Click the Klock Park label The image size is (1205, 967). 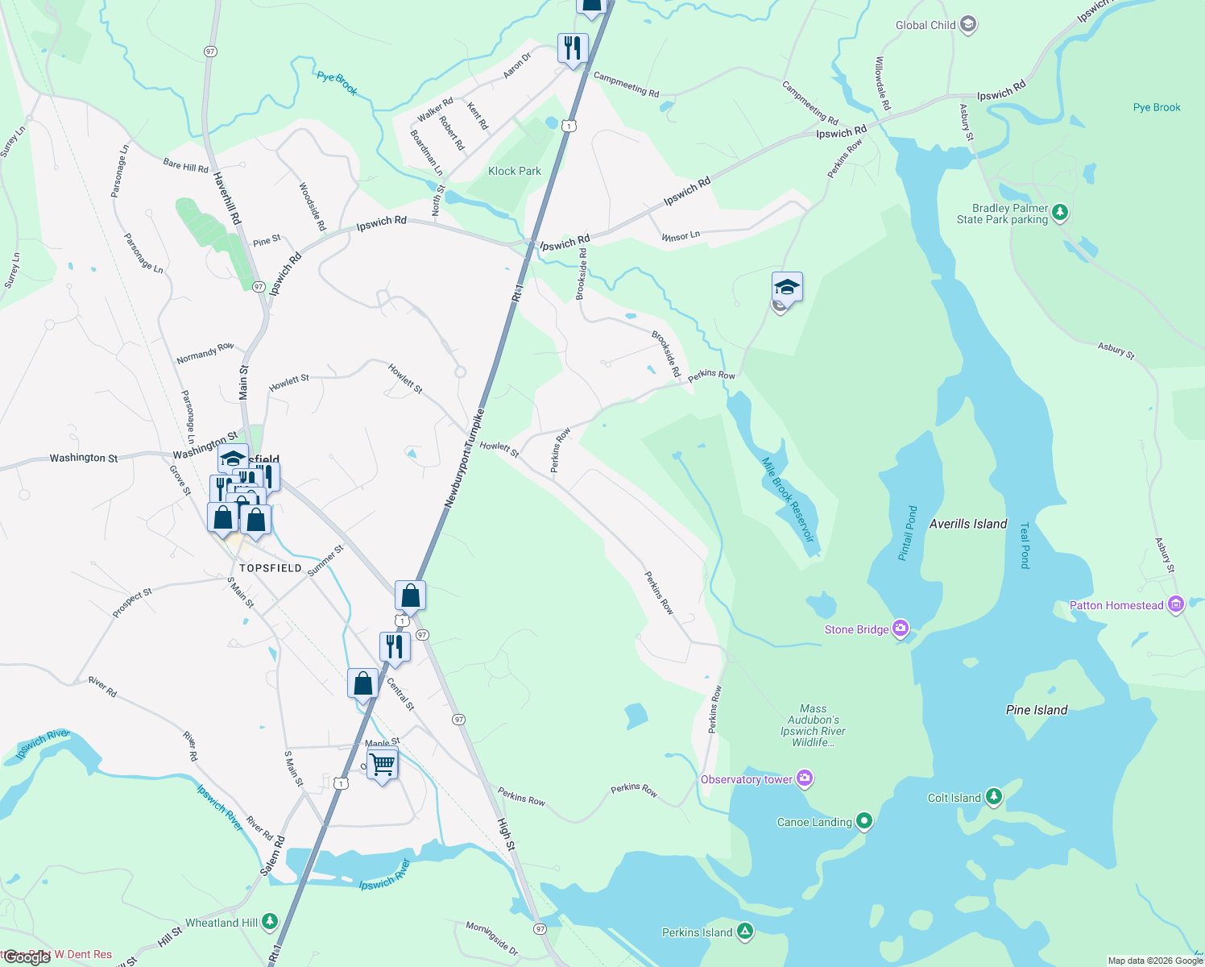(x=515, y=171)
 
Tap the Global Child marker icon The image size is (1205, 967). (x=968, y=25)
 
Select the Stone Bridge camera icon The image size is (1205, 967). (x=901, y=629)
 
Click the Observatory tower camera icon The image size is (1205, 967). (x=804, y=778)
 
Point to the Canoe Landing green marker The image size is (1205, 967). (x=864, y=821)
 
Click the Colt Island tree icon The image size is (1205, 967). (x=994, y=797)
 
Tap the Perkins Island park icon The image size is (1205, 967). (x=745, y=932)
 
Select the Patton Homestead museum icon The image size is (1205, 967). (x=1175, y=604)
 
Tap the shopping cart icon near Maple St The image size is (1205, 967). (x=383, y=762)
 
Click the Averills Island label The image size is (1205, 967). (x=968, y=524)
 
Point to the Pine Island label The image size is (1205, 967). (x=1037, y=710)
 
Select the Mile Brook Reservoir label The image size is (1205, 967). (x=789, y=500)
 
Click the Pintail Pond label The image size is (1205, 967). (x=908, y=533)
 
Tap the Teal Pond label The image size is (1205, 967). (x=1025, y=546)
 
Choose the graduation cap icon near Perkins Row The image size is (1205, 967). (x=787, y=288)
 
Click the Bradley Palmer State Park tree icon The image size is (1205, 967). (x=1061, y=213)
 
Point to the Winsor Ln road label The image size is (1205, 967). (x=681, y=236)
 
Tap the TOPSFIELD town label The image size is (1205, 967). (x=271, y=568)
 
